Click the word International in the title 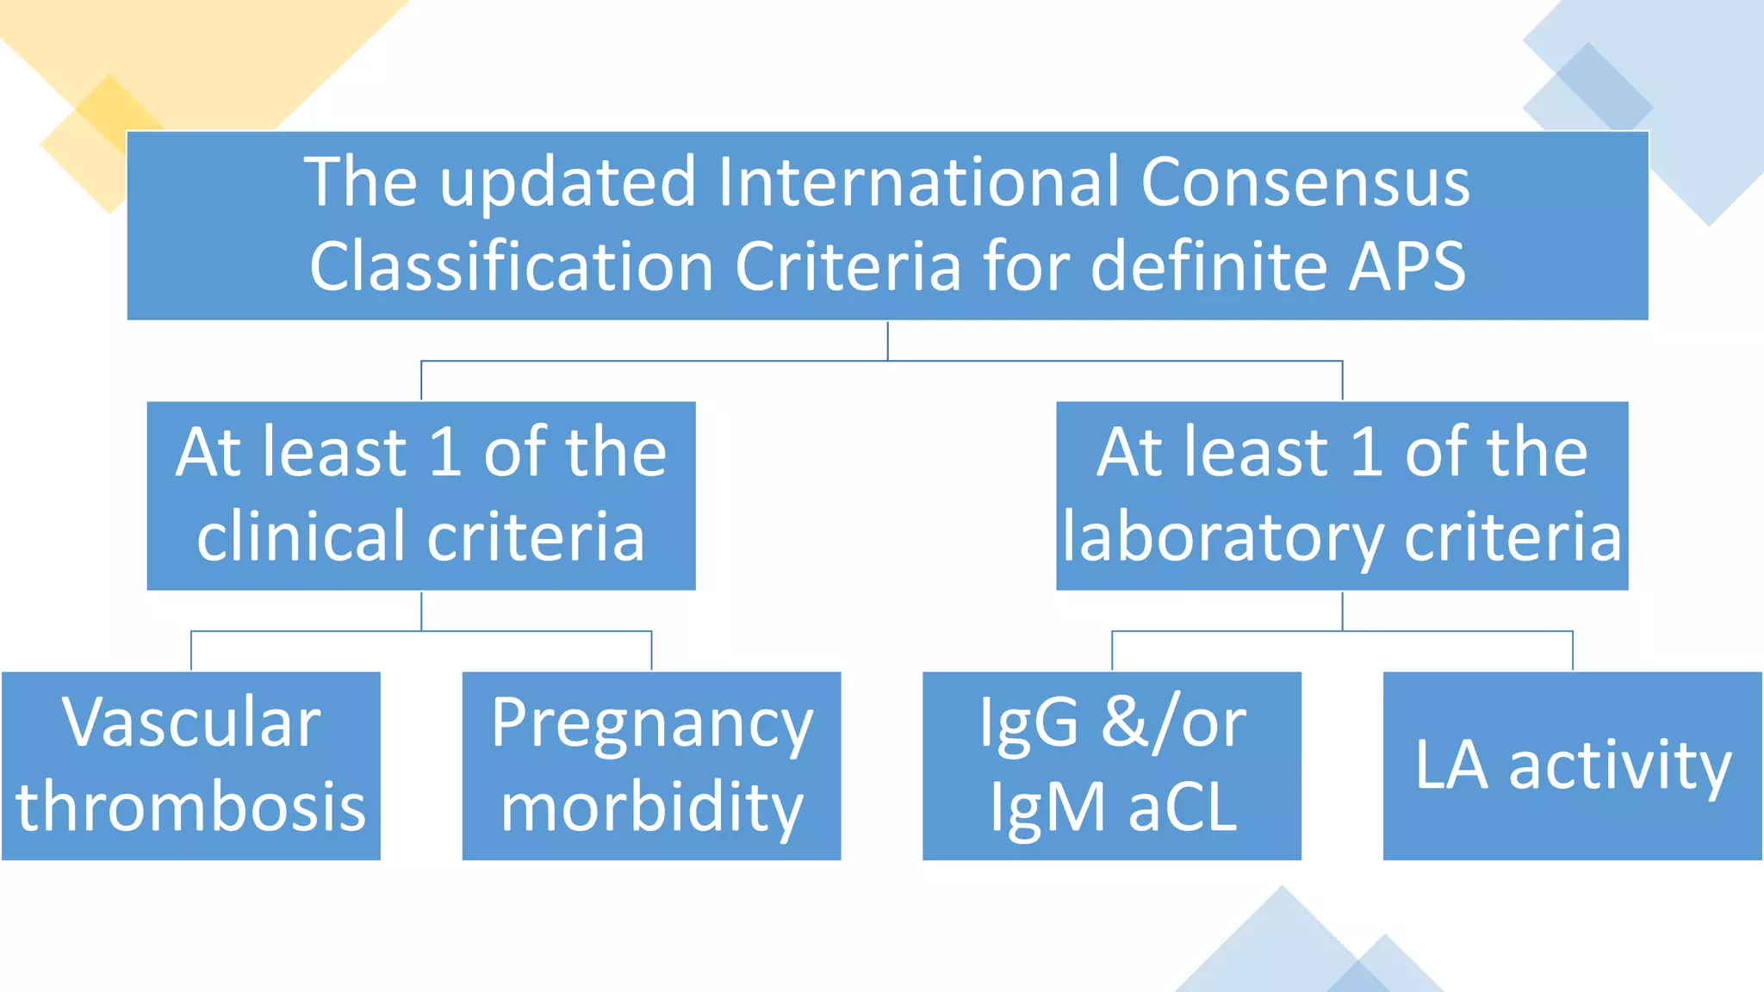(918, 183)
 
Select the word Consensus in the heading (1305, 183)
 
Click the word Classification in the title (512, 267)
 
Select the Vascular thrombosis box (190, 766)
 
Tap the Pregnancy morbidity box (651, 766)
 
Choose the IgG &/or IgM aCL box (1111, 766)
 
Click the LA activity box (1572, 766)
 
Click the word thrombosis (190, 807)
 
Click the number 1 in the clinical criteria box (445, 452)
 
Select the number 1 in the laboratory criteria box (1367, 452)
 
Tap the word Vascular (191, 723)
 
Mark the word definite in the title (1209, 267)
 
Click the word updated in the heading (568, 183)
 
